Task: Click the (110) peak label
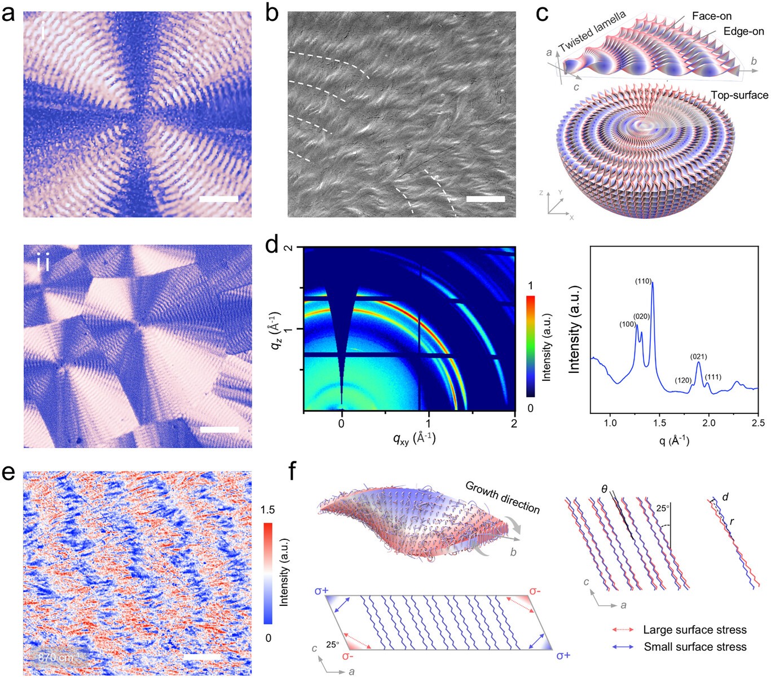(644, 280)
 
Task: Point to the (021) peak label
(698, 356)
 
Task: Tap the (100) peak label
(628, 324)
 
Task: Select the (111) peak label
(713, 377)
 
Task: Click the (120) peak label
(683, 380)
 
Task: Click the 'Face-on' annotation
(712, 16)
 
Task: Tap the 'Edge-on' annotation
(743, 32)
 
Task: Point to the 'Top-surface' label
(739, 95)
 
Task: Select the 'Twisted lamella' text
(592, 32)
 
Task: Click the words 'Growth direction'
(503, 497)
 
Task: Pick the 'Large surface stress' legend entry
(694, 629)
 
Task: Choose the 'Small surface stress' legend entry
(695, 647)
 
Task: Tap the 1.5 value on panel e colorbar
(268, 510)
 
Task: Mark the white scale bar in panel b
(486, 199)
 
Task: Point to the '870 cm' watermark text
(55, 658)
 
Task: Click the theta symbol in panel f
(604, 490)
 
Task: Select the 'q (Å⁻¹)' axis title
(674, 439)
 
